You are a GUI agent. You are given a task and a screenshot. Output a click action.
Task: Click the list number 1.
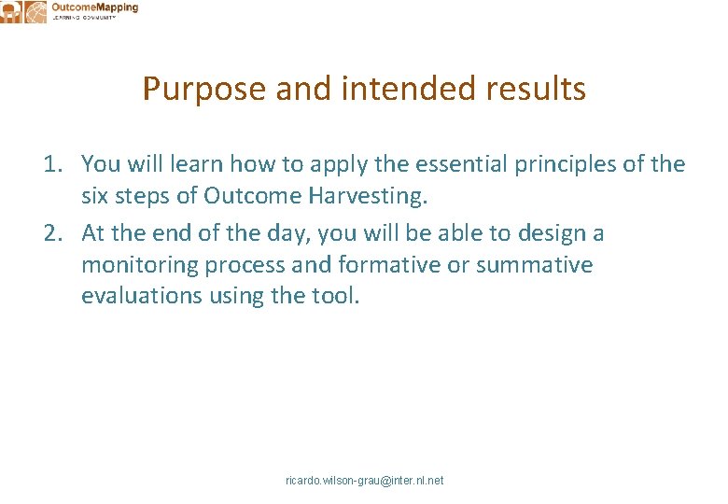[x=52, y=165]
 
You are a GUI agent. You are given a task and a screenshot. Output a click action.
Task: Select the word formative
[x=388, y=265]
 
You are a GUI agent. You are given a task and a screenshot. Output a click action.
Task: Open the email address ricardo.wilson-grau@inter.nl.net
[x=364, y=481]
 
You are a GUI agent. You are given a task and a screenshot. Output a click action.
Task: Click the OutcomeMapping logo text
[x=94, y=8]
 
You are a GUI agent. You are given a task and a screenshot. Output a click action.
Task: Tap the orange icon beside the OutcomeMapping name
[x=35, y=11]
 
